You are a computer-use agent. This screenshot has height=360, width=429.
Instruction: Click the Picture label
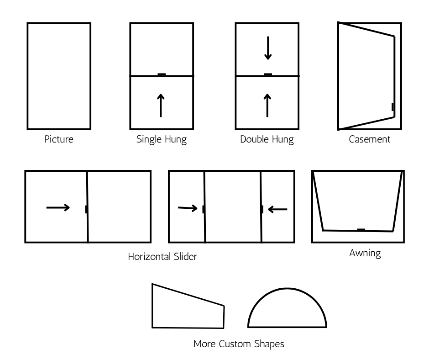click(58, 139)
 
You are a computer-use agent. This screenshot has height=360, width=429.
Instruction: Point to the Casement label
click(369, 139)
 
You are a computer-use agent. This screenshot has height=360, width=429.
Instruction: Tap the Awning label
click(365, 254)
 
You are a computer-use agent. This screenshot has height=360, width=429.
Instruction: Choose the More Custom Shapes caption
click(239, 344)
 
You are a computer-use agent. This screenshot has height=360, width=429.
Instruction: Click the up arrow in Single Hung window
click(161, 105)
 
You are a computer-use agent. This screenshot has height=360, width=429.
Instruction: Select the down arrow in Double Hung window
click(268, 49)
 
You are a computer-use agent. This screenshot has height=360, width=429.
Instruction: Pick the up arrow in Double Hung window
click(267, 105)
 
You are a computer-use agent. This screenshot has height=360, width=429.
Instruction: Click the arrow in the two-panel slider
click(58, 207)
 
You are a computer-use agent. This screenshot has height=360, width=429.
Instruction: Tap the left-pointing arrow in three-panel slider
click(277, 209)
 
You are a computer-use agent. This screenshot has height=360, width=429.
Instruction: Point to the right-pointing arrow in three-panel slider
click(188, 208)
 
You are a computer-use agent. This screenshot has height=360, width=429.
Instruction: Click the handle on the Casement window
click(392, 107)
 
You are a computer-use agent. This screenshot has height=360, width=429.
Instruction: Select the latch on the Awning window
click(361, 229)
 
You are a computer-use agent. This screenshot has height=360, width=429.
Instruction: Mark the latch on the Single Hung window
click(162, 74)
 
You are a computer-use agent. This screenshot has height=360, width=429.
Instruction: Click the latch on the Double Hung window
click(268, 74)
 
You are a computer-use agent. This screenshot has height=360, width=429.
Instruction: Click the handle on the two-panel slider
click(86, 209)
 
